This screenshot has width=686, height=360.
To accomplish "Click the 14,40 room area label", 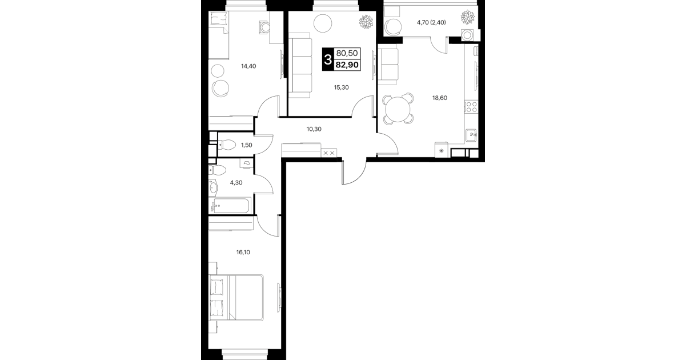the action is tap(248, 66).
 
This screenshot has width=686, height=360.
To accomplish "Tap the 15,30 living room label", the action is tap(341, 87).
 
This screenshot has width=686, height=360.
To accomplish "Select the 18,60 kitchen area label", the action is tap(439, 98).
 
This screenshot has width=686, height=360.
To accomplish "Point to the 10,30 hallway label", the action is tap(314, 129).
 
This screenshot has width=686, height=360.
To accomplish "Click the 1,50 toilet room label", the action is tap(247, 145).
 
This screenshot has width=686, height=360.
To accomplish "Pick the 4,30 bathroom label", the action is tap(236, 183).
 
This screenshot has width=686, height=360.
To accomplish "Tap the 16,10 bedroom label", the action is tap(243, 253).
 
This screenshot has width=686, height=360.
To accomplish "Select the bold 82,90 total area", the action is tap(347, 65).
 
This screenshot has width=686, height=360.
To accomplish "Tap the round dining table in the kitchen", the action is tap(398, 109).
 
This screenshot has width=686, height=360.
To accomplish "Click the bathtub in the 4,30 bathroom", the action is tap(231, 206).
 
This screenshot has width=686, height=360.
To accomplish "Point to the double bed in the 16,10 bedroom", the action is tap(236, 298).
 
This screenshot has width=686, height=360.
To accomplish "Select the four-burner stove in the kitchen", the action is tap(471, 107).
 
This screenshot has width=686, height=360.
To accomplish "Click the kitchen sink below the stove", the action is tap(471, 135).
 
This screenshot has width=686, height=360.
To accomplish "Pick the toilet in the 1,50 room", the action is tap(226, 145).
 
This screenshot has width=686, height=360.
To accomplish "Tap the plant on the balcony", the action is tap(468, 17).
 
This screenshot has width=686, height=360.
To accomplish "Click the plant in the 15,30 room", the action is tap(366, 22).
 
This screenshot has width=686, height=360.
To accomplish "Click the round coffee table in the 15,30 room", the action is tap(323, 23).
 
